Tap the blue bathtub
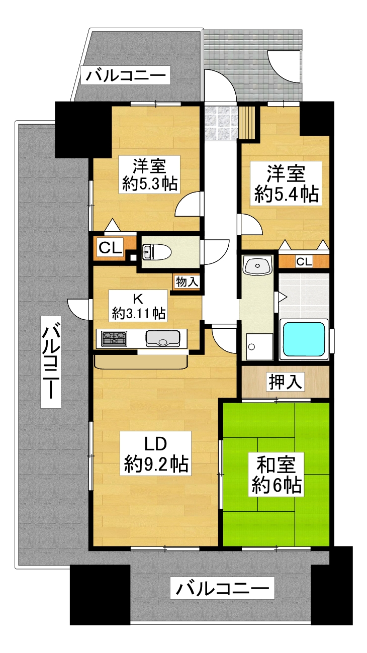pyautogui.click(x=304, y=339)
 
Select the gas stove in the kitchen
pyautogui.click(x=115, y=338)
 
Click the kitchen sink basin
pyautogui.click(x=162, y=338)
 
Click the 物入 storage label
pyautogui.click(x=187, y=282)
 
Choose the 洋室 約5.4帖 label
pyautogui.click(x=286, y=183)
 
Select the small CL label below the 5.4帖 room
pyautogui.click(x=304, y=261)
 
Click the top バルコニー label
pyautogui.click(x=126, y=76)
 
